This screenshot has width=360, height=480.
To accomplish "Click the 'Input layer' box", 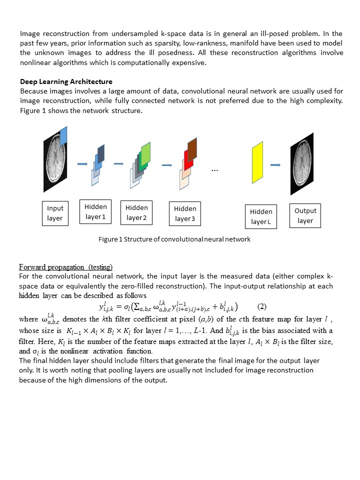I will [55, 212].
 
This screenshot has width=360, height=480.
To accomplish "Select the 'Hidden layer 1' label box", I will [95, 211].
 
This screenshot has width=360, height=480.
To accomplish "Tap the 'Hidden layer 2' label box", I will [136, 212].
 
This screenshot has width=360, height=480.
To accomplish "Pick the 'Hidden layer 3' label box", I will [185, 213].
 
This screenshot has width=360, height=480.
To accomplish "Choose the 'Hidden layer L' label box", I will [261, 216].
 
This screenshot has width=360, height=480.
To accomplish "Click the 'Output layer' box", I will [305, 215].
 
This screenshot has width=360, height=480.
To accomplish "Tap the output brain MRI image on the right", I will [301, 163].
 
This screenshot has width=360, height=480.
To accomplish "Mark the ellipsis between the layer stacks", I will [215, 170].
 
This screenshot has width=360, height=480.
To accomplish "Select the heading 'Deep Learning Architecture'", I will [66, 81].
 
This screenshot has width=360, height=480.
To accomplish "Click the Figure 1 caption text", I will [174, 239].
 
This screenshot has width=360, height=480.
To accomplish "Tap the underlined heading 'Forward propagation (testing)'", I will [65, 266].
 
